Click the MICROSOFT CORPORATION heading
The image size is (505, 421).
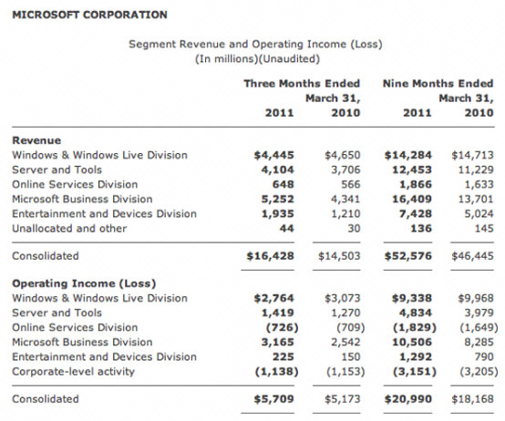(x=89, y=15)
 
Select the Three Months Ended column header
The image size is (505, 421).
(x=302, y=83)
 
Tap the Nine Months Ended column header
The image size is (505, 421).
(x=438, y=83)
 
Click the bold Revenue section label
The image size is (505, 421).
(x=36, y=140)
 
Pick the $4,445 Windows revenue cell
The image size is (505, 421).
(x=274, y=155)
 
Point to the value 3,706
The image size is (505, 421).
(x=345, y=169)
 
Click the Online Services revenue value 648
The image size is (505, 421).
(x=283, y=184)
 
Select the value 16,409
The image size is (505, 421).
(x=412, y=200)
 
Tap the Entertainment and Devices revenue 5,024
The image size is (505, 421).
(x=479, y=214)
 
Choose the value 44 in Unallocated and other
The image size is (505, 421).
(x=286, y=229)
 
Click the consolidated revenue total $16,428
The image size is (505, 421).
(x=271, y=256)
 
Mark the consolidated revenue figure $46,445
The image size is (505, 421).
(x=472, y=256)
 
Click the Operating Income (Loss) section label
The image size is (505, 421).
(x=84, y=283)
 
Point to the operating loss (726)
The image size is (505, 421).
(x=283, y=328)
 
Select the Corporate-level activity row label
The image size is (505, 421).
(x=74, y=372)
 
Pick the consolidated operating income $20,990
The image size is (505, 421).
(x=408, y=399)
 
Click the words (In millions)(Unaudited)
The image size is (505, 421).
(x=257, y=59)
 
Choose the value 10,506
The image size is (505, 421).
(x=412, y=342)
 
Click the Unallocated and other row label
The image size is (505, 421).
(x=69, y=229)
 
